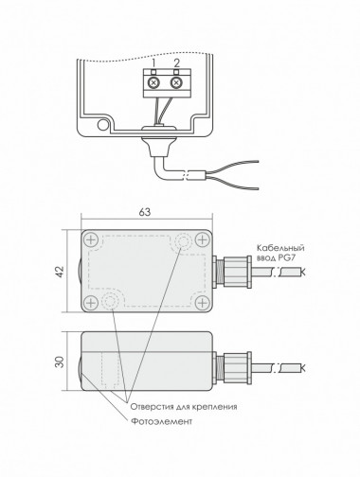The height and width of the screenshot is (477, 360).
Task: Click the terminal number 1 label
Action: pyautogui.click(x=153, y=62)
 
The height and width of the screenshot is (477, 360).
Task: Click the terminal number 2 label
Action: pyautogui.click(x=176, y=62)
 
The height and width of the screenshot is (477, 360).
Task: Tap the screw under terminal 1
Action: pyautogui.click(x=153, y=83)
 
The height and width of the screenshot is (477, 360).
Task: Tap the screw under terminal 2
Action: pyautogui.click(x=176, y=83)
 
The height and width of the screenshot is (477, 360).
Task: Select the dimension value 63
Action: pyautogui.click(x=145, y=212)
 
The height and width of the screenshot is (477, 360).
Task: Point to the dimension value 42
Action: pyautogui.click(x=60, y=272)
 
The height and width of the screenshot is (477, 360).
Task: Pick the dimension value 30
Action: pyautogui.click(x=60, y=362)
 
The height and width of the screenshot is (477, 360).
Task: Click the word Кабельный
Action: pyautogui.click(x=280, y=248)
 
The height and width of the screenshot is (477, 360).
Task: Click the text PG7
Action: pyautogui.click(x=287, y=258)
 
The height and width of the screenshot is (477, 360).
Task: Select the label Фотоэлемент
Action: pyautogui.click(x=161, y=421)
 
